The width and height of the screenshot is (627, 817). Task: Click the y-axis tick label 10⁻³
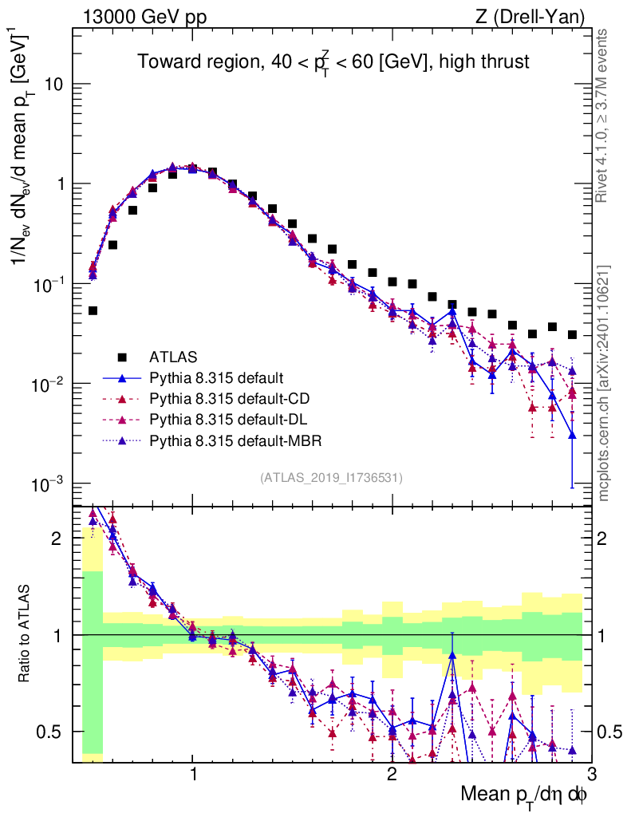pos(50,485)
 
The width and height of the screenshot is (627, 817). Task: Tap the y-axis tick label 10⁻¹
pos(50,285)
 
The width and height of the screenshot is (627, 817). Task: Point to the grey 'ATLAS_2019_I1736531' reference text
pos(331,478)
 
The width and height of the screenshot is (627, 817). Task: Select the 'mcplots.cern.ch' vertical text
pos(605,383)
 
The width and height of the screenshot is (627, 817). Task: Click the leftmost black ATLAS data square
pos(93,310)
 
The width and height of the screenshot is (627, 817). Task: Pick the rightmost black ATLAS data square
pos(571,334)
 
